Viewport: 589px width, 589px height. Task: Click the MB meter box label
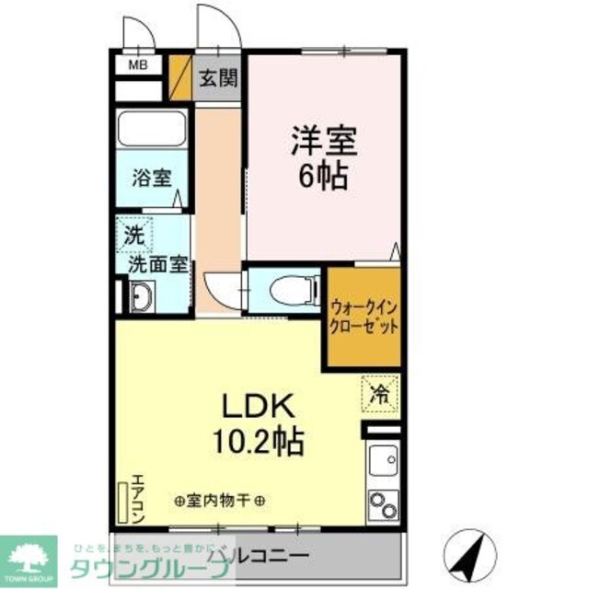[137, 64]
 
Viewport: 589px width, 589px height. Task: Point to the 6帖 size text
[324, 176]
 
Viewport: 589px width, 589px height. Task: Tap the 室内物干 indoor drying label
[220, 502]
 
